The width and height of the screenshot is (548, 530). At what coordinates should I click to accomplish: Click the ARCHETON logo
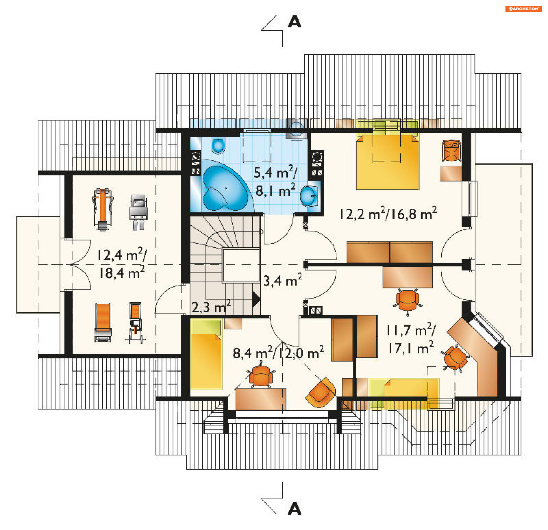pyautogui.click(x=523, y=9)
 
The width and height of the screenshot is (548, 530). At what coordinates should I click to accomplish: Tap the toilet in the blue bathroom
pyautogui.click(x=219, y=145)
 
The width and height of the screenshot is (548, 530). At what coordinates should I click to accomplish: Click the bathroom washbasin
pyautogui.click(x=309, y=196)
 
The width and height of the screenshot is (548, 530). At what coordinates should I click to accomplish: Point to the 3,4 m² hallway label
pyautogui.click(x=282, y=280)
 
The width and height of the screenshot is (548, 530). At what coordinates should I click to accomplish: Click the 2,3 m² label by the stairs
pyautogui.click(x=211, y=307)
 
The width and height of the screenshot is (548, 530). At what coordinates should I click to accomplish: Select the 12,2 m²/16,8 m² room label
pyautogui.click(x=388, y=213)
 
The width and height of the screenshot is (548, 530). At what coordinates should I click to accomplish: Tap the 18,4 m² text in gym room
pyautogui.click(x=122, y=272)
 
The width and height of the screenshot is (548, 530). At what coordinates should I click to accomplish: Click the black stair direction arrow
pyautogui.click(x=256, y=300)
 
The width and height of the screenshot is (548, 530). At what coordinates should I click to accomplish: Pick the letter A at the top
pyautogui.click(x=295, y=22)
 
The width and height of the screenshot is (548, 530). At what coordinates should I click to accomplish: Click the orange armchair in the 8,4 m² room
pyautogui.click(x=321, y=392)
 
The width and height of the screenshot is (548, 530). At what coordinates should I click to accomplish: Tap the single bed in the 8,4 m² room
pyautogui.click(x=206, y=354)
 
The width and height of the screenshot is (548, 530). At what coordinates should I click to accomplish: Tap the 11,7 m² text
pyautogui.click(x=411, y=330)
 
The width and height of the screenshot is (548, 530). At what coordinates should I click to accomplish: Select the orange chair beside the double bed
pyautogui.click(x=451, y=151)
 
